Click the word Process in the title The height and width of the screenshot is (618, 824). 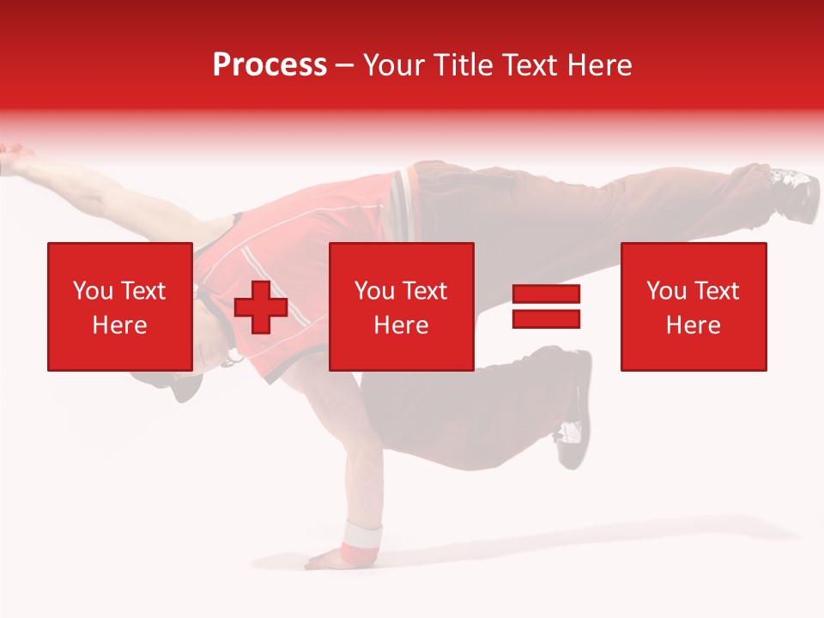pyautogui.click(x=270, y=64)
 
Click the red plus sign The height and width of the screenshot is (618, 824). pyautogui.click(x=260, y=306)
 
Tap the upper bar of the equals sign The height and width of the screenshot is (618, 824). pyautogui.click(x=546, y=294)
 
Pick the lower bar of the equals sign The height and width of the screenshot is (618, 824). pyautogui.click(x=546, y=318)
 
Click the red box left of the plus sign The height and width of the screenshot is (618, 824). pyautogui.click(x=119, y=306)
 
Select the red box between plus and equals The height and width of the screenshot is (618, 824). pyautogui.click(x=401, y=306)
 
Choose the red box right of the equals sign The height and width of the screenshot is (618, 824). pyautogui.click(x=693, y=306)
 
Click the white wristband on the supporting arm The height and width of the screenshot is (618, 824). pyautogui.click(x=361, y=539)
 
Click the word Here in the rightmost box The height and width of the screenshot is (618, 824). pyautogui.click(x=693, y=324)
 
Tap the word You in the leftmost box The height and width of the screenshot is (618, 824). pyautogui.click(x=93, y=291)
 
